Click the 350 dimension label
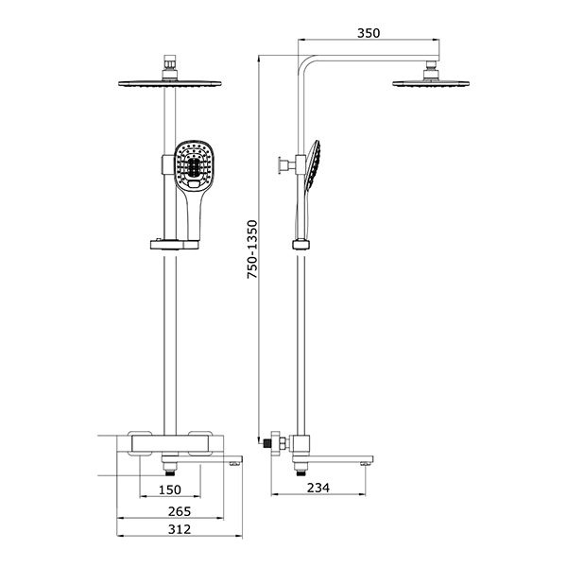[x=369, y=33]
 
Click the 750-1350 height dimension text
[x=252, y=249]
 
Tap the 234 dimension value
[x=318, y=488]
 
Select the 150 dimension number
[x=169, y=490]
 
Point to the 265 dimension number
[x=180, y=511]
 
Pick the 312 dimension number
[x=180, y=529]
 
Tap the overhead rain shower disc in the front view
[x=170, y=83]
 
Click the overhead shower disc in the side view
[x=431, y=84]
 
